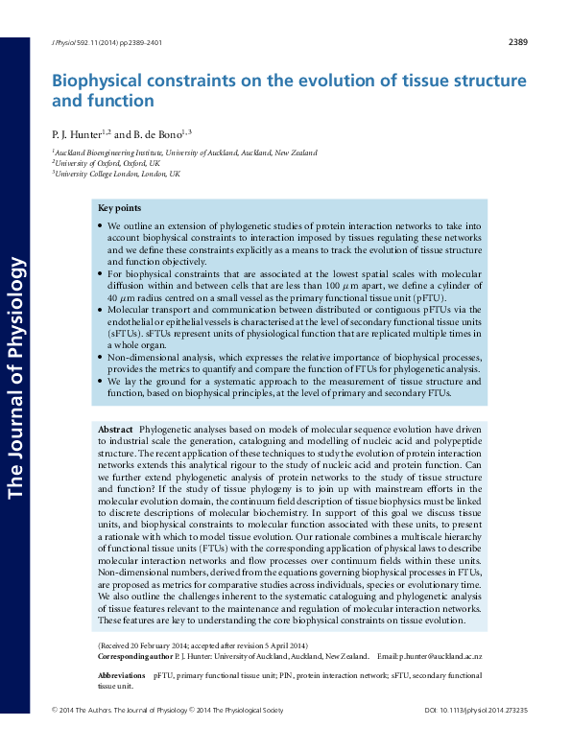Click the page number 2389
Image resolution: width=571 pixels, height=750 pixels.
pos(517,42)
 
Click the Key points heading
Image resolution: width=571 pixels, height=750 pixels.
pos(120,208)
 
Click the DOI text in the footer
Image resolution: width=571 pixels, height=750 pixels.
pos(475,736)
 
